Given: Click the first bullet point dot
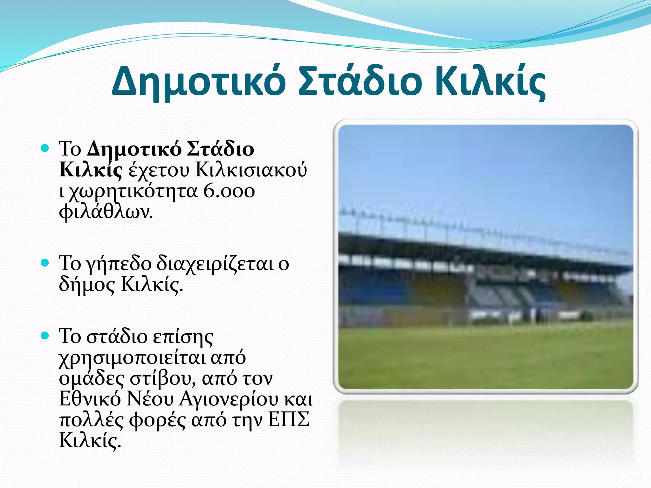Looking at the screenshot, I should (x=45, y=148).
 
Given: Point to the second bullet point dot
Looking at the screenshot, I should (x=45, y=263).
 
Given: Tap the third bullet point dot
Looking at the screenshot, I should (x=45, y=336).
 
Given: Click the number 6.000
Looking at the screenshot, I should (x=229, y=191).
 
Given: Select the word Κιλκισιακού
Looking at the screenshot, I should (x=251, y=170).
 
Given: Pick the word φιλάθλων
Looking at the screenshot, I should (x=106, y=212).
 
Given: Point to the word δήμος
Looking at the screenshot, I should (x=87, y=285).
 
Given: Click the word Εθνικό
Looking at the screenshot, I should (x=90, y=399).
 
